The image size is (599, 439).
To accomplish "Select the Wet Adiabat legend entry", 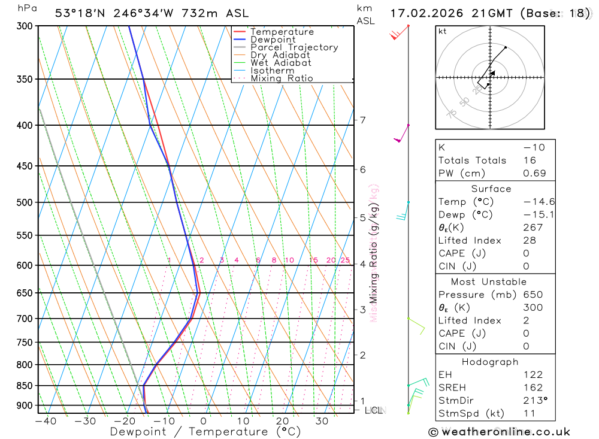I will point(280,62).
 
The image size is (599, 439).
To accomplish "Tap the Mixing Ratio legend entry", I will point(282,78).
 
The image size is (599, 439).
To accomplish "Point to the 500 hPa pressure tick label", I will point(25,202).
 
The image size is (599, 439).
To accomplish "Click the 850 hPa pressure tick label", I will point(25,385).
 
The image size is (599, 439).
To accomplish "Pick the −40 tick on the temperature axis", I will point(45,421).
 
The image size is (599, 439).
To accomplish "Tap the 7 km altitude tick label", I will point(363,120).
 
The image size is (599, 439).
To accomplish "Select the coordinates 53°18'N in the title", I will point(79,13).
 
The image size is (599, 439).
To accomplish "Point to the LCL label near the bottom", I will point(374,410).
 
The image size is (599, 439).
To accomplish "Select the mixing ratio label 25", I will point(345,260).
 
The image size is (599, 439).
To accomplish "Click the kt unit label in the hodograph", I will point(443,31).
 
